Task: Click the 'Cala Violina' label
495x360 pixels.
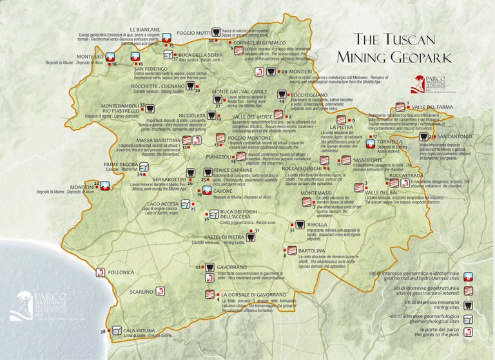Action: pyautogui.click(x=128, y=330)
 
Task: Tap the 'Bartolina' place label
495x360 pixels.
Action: pyautogui.click(x=310, y=249)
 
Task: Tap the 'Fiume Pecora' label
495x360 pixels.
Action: pyautogui.click(x=117, y=165)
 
